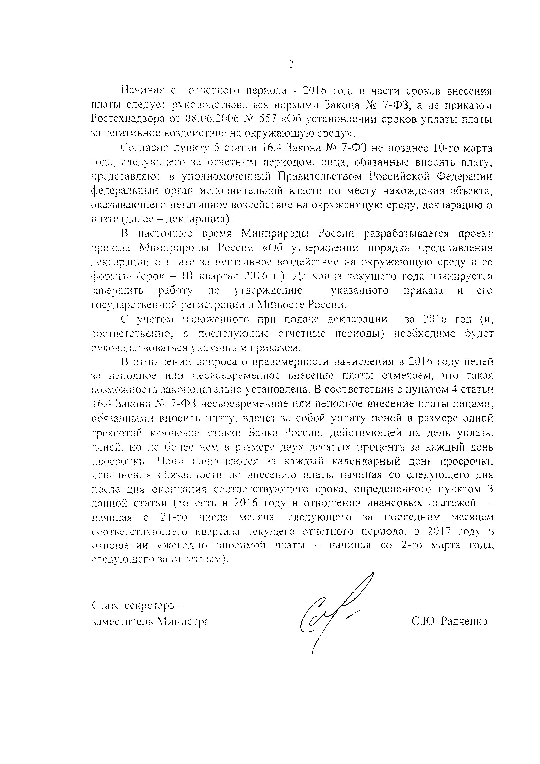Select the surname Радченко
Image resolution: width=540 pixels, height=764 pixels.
[464, 621]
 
